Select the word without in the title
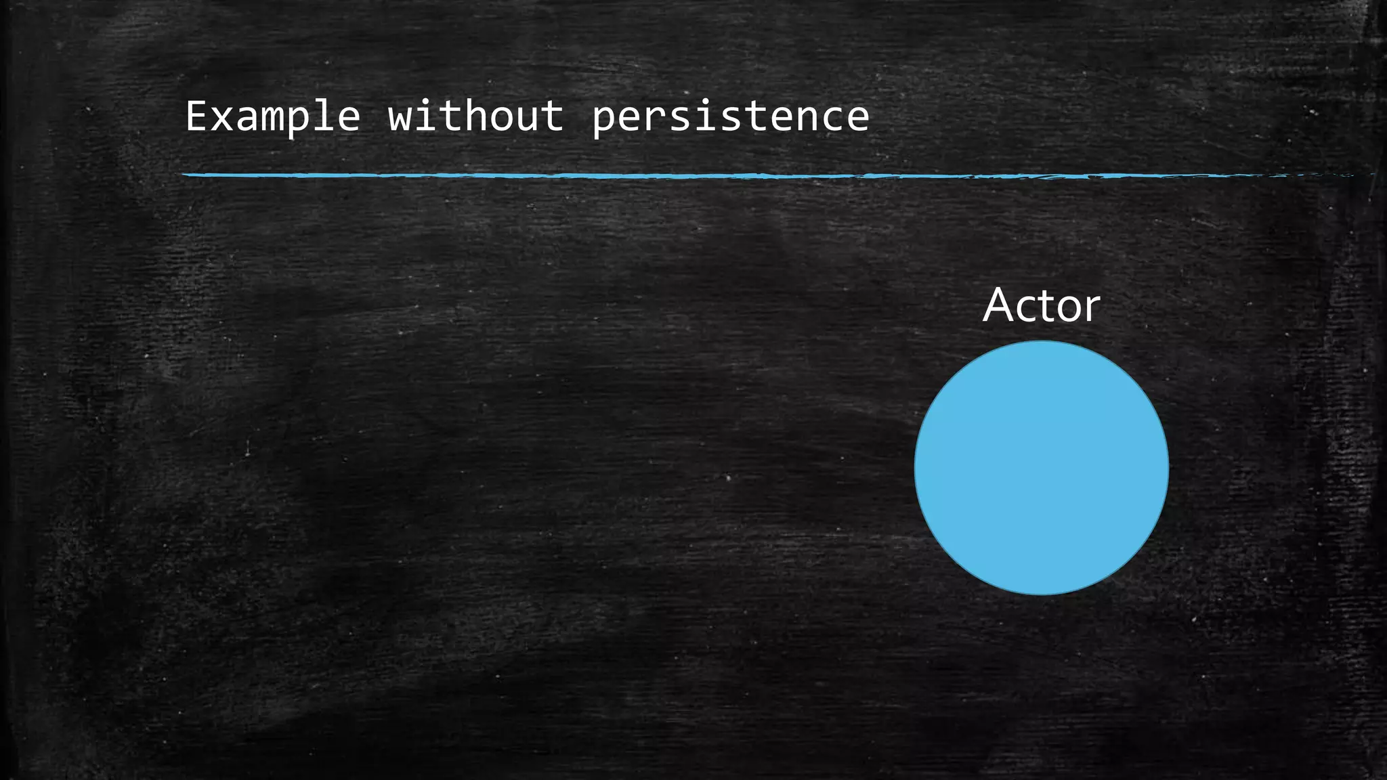pyautogui.click(x=475, y=116)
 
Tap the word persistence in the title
pyautogui.click(x=730, y=116)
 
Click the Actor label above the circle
pyautogui.click(x=1042, y=306)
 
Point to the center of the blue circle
pyautogui.click(x=1042, y=468)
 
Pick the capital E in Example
pyautogui.click(x=196, y=116)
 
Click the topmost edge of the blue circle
pyautogui.click(x=1042, y=342)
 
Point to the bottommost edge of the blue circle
pyautogui.click(x=1042, y=594)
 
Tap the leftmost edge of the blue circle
pyautogui.click(x=916, y=468)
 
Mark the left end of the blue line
pyautogui.click(x=184, y=175)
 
